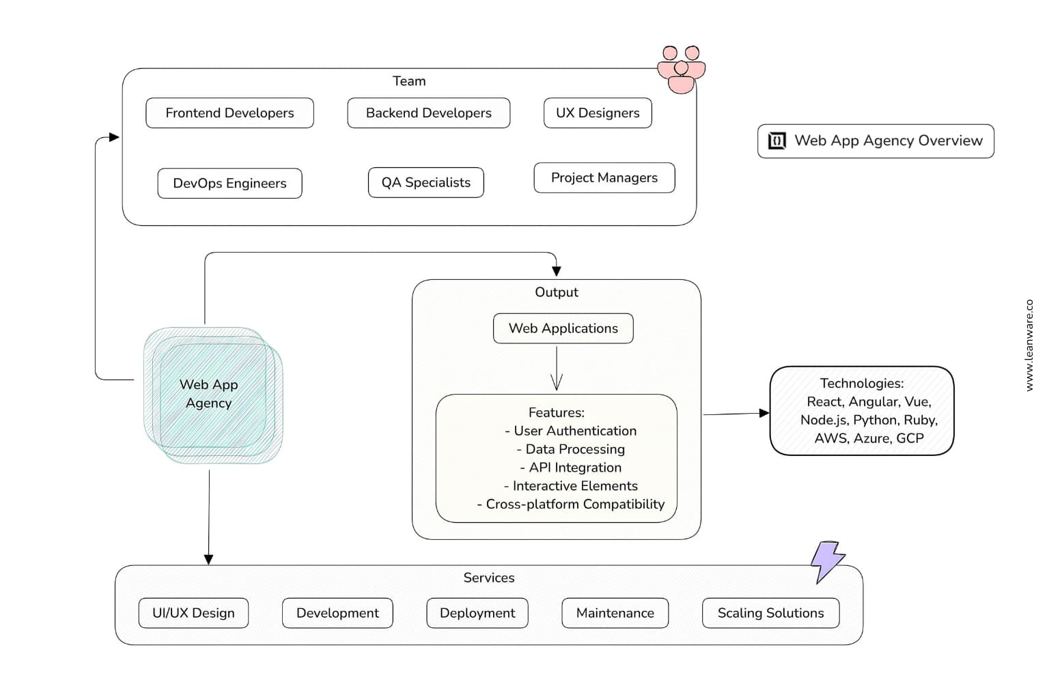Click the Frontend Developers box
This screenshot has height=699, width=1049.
pos(229,113)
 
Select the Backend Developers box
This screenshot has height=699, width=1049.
pos(428,113)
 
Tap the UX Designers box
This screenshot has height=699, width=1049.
pos(598,113)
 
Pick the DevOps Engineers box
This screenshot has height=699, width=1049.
pos(229,183)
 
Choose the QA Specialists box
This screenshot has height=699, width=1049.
pos(425,182)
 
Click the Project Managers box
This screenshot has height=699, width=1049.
pos(604,178)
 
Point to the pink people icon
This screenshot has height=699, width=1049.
pos(681,70)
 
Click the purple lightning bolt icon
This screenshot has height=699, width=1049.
pos(828,562)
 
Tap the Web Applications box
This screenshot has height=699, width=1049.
pos(563,328)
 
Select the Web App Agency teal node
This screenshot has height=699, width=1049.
pos(213,395)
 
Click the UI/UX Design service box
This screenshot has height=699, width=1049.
pos(193,613)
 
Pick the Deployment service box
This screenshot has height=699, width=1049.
pos(477,613)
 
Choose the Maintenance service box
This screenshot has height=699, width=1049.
pos(615,613)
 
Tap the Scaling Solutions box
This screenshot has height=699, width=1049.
pos(770,613)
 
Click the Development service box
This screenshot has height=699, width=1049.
pos(337,613)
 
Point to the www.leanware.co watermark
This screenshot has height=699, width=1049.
pos(1029,345)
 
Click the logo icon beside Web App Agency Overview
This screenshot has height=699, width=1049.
pos(777,141)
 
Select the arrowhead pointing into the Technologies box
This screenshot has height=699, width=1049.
pos(764,413)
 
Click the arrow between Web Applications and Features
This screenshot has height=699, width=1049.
pos(557,369)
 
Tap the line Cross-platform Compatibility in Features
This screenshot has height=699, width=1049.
pos(570,504)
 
